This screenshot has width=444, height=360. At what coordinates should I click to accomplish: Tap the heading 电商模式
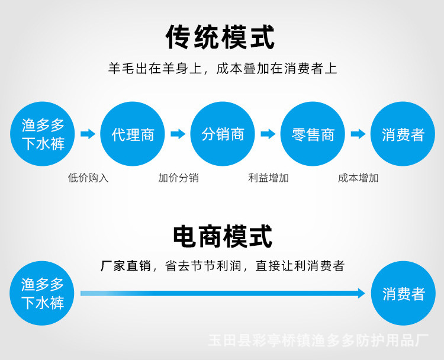pyautogui.click(x=221, y=236)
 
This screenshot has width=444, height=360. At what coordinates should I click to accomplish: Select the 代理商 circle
pyautogui.click(x=133, y=134)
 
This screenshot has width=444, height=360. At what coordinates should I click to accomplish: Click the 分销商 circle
pyautogui.click(x=223, y=134)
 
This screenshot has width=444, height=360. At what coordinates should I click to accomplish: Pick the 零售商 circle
pyautogui.click(x=313, y=134)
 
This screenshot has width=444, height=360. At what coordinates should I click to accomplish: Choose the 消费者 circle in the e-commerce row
pyautogui.click(x=403, y=294)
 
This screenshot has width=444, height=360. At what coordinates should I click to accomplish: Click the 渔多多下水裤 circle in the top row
pyautogui.click(x=43, y=134)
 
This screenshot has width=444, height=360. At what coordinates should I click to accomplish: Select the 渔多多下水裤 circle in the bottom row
pyautogui.click(x=43, y=294)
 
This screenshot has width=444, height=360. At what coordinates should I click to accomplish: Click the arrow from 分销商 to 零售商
pyautogui.click(x=268, y=134)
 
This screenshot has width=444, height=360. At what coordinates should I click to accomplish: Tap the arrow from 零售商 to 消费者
pyautogui.click(x=358, y=134)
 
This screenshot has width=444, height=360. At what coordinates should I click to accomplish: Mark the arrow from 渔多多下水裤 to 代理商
pyautogui.click(x=88, y=134)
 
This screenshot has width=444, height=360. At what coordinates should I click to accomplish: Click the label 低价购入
pyautogui.click(x=88, y=178)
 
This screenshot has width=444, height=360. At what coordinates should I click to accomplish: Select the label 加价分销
pyautogui.click(x=178, y=178)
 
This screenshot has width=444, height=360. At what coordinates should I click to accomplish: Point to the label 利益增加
pyautogui.click(x=268, y=178)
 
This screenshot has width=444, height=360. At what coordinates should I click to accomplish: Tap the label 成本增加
pyautogui.click(x=358, y=178)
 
